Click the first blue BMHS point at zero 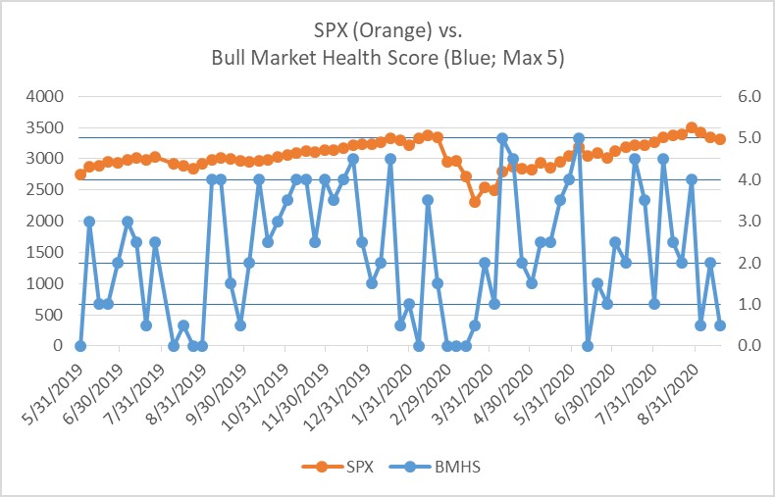point(80,346)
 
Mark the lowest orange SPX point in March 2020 point(475,202)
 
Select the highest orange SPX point point(692,127)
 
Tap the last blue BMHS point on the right point(720,325)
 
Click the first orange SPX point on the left point(80,174)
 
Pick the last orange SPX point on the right point(720,139)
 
